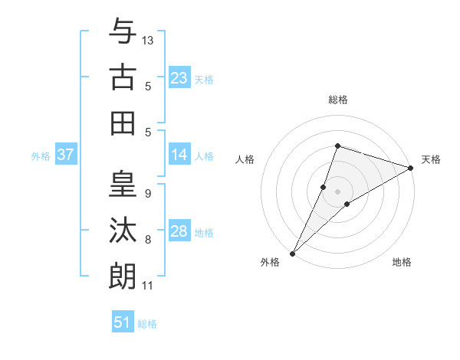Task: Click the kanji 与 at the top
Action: (x=123, y=32)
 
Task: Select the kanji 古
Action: (x=123, y=77)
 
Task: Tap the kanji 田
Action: (x=123, y=123)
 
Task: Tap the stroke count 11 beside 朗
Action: (x=147, y=286)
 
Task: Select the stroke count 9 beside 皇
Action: (x=147, y=194)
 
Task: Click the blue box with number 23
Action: (x=179, y=77)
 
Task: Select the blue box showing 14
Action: (x=179, y=155)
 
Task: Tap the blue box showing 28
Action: (x=179, y=231)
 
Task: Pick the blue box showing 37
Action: (x=65, y=155)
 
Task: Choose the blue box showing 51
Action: (x=123, y=322)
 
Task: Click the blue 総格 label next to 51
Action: (x=147, y=324)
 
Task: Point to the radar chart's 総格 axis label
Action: (x=337, y=100)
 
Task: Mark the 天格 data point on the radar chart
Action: (x=411, y=167)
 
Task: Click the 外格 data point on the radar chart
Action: (x=292, y=253)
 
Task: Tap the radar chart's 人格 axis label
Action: (x=245, y=159)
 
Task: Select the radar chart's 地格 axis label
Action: (x=402, y=262)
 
